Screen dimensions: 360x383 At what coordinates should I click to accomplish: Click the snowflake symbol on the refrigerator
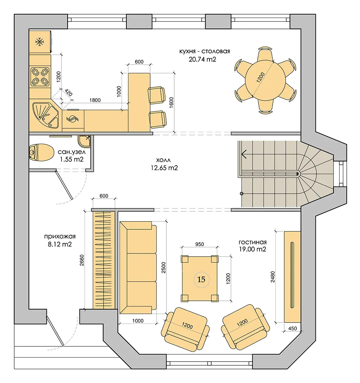[40, 42]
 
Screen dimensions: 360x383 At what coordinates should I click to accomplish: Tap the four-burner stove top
[40, 76]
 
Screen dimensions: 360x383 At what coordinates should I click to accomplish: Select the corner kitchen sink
[45, 115]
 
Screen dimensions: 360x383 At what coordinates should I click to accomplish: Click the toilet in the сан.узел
[41, 152]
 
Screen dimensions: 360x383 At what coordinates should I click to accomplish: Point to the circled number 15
[201, 279]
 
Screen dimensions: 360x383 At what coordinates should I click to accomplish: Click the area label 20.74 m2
[202, 59]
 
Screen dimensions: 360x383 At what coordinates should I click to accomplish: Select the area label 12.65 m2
[164, 168]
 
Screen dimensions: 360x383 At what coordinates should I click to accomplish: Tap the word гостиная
[252, 242]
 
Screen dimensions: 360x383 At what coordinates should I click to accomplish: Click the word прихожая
[60, 237]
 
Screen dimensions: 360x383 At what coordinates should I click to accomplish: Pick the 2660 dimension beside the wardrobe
[82, 260]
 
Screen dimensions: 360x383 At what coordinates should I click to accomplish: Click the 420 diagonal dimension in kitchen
[69, 93]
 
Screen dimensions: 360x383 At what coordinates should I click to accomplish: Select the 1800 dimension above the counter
[95, 100]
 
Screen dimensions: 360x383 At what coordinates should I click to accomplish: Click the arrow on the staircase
[244, 154]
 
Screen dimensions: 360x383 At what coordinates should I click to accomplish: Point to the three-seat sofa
[138, 267]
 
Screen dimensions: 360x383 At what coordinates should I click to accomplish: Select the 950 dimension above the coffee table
[199, 244]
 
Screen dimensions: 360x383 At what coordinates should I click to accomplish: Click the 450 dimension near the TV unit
[292, 328]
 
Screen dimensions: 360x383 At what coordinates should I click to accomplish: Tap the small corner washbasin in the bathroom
[85, 141]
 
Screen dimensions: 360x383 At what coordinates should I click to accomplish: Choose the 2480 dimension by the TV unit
[273, 277]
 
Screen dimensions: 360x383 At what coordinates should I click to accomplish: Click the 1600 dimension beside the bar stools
[171, 103]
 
